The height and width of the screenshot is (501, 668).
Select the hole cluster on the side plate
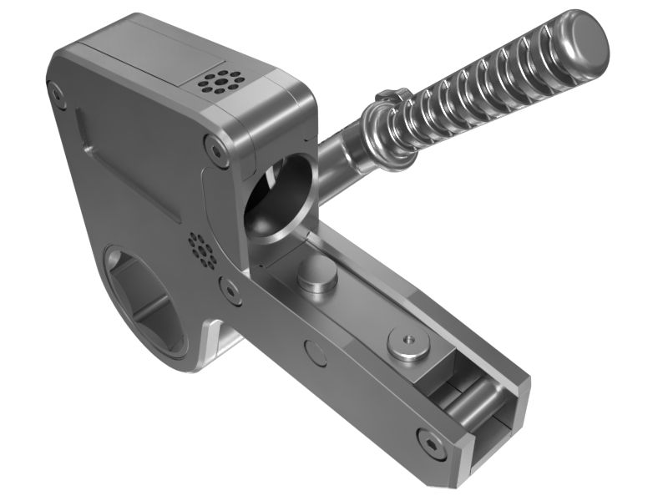click(202, 248)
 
